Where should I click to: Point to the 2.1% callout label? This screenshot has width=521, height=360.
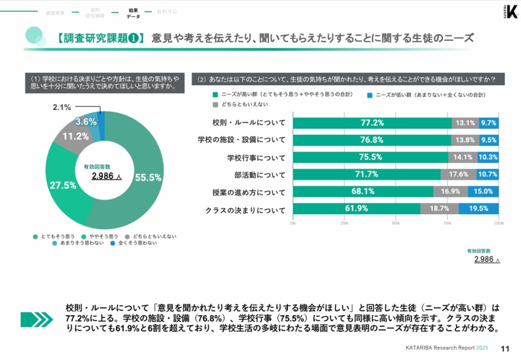[62, 107]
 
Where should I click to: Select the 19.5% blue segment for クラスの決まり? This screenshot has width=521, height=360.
[479, 209]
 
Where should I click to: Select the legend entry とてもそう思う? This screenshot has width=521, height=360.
[55, 236]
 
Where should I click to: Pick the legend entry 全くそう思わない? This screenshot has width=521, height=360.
[134, 243]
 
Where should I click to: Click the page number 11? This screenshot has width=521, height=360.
[505, 349]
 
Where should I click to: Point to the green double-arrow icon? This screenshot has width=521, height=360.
[36, 319]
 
